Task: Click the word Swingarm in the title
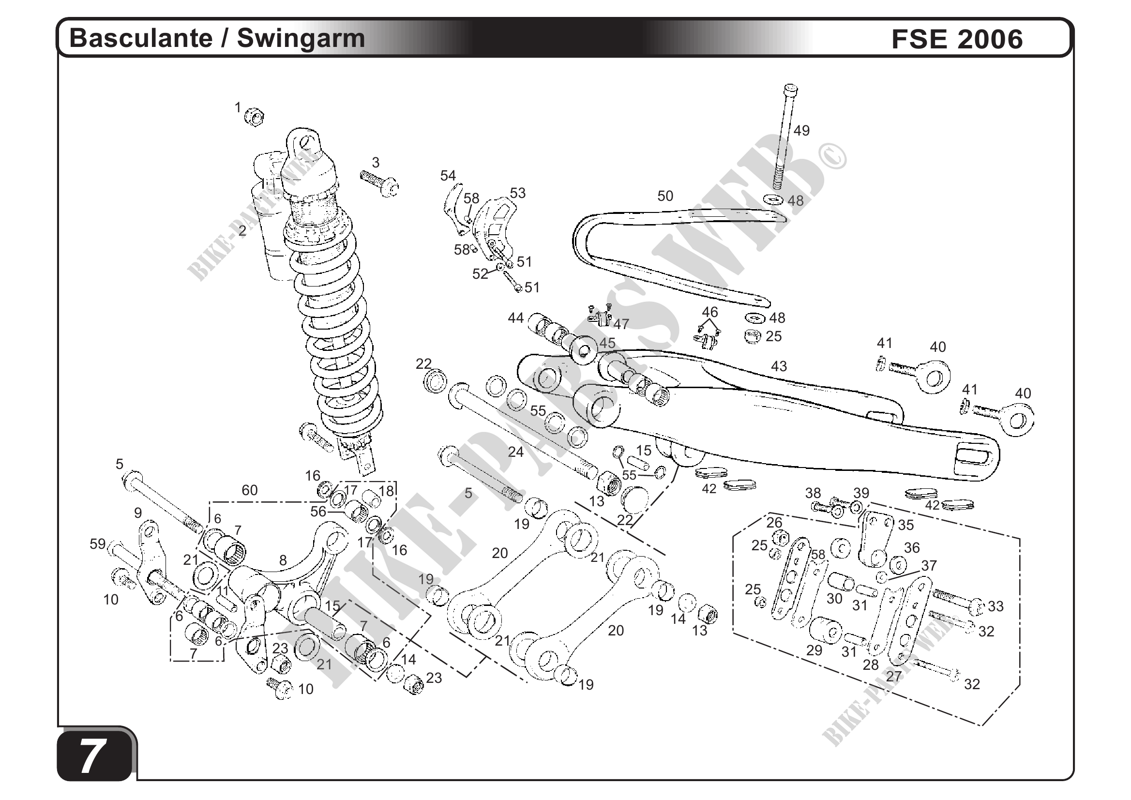(301, 38)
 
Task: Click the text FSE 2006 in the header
(957, 39)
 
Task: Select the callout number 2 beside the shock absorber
(242, 230)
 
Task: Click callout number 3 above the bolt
(376, 163)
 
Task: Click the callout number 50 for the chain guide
(665, 196)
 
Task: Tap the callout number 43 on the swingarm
(779, 366)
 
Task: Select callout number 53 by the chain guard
(517, 193)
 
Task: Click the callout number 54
(448, 175)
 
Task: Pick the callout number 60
(249, 490)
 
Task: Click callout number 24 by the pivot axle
(515, 452)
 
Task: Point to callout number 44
(515, 318)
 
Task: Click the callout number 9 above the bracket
(138, 513)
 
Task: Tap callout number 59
(98, 544)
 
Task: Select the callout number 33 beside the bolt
(995, 606)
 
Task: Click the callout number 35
(905, 525)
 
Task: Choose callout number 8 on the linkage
(283, 560)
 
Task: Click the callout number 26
(774, 522)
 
